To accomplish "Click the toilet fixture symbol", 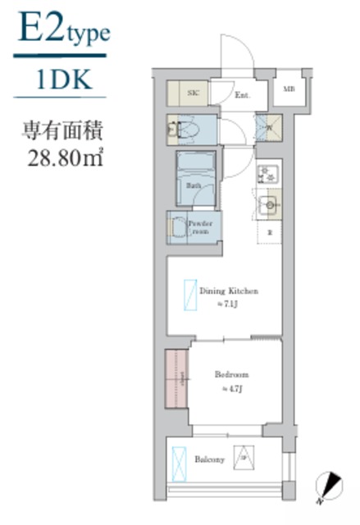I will (x=181, y=128).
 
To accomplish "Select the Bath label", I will (x=195, y=185).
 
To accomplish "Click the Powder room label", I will (x=200, y=227).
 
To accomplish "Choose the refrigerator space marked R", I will (x=269, y=234).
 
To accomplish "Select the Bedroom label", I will (x=232, y=375).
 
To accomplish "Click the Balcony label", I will (x=210, y=459).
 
